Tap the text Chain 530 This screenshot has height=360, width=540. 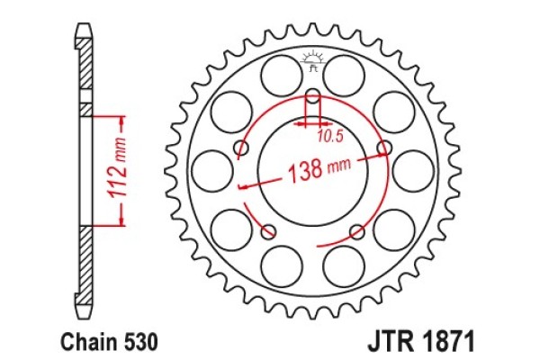110,343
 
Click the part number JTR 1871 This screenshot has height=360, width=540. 416,343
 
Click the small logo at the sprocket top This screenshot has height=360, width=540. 313,59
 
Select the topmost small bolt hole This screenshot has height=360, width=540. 313,97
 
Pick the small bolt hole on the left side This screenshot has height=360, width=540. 240,148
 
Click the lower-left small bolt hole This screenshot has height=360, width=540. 267,232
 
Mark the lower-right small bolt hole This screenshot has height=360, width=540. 359,232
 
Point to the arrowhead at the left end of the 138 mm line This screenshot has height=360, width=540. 242,188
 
